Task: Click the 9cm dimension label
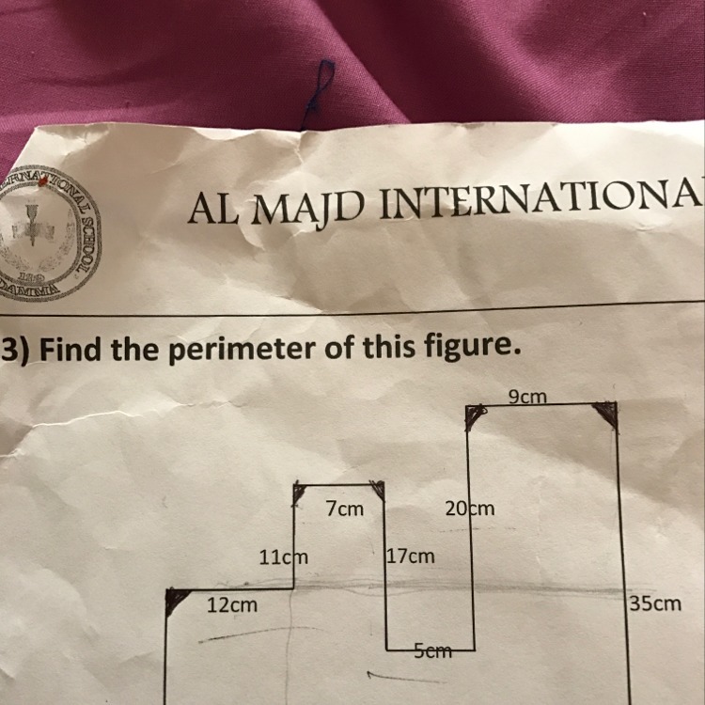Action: (x=527, y=397)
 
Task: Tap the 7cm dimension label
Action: (x=344, y=509)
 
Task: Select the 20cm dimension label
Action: (x=470, y=509)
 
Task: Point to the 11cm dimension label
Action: (x=283, y=556)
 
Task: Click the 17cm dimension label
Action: (x=412, y=556)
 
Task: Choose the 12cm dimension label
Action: (x=232, y=606)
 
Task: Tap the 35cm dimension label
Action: (x=655, y=603)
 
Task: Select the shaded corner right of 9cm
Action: (x=607, y=413)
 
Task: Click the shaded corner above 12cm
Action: (x=175, y=600)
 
